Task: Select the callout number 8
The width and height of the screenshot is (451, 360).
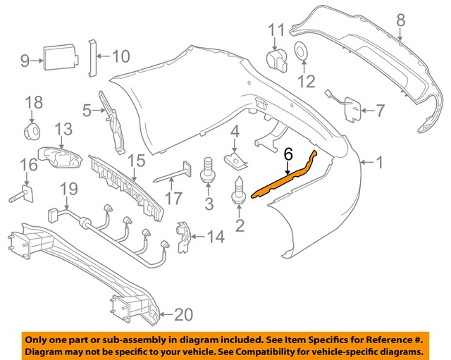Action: tap(400, 20)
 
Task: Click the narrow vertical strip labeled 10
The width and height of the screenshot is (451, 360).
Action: tap(91, 56)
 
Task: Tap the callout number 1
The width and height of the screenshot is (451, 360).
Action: tap(379, 163)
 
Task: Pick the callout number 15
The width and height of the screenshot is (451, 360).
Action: tap(136, 160)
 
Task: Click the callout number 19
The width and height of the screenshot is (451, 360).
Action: tap(68, 189)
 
